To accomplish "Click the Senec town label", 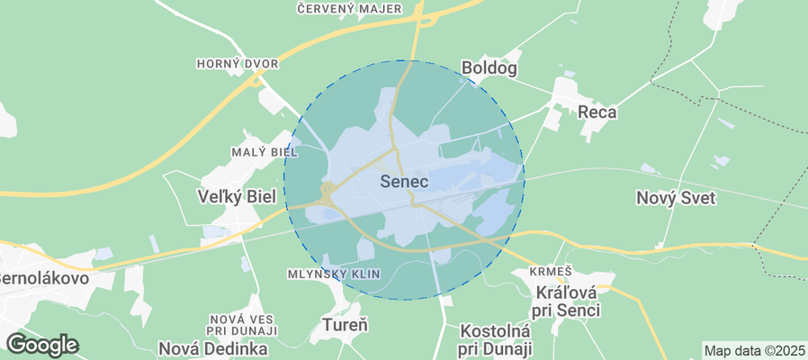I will point(404,182).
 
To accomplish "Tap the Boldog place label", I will point(489,67).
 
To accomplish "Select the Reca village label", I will point(597,112).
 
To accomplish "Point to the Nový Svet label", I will point(675,198).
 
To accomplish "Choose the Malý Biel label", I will point(265,151).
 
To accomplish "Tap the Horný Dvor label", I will point(238,64).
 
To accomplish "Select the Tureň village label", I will point(346,323).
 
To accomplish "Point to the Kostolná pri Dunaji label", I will point(496,339).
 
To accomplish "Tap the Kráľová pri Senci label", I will point(568,301).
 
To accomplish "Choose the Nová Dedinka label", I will point(212,348).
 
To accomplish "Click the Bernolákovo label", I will point(45,277).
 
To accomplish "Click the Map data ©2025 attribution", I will point(754,350).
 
